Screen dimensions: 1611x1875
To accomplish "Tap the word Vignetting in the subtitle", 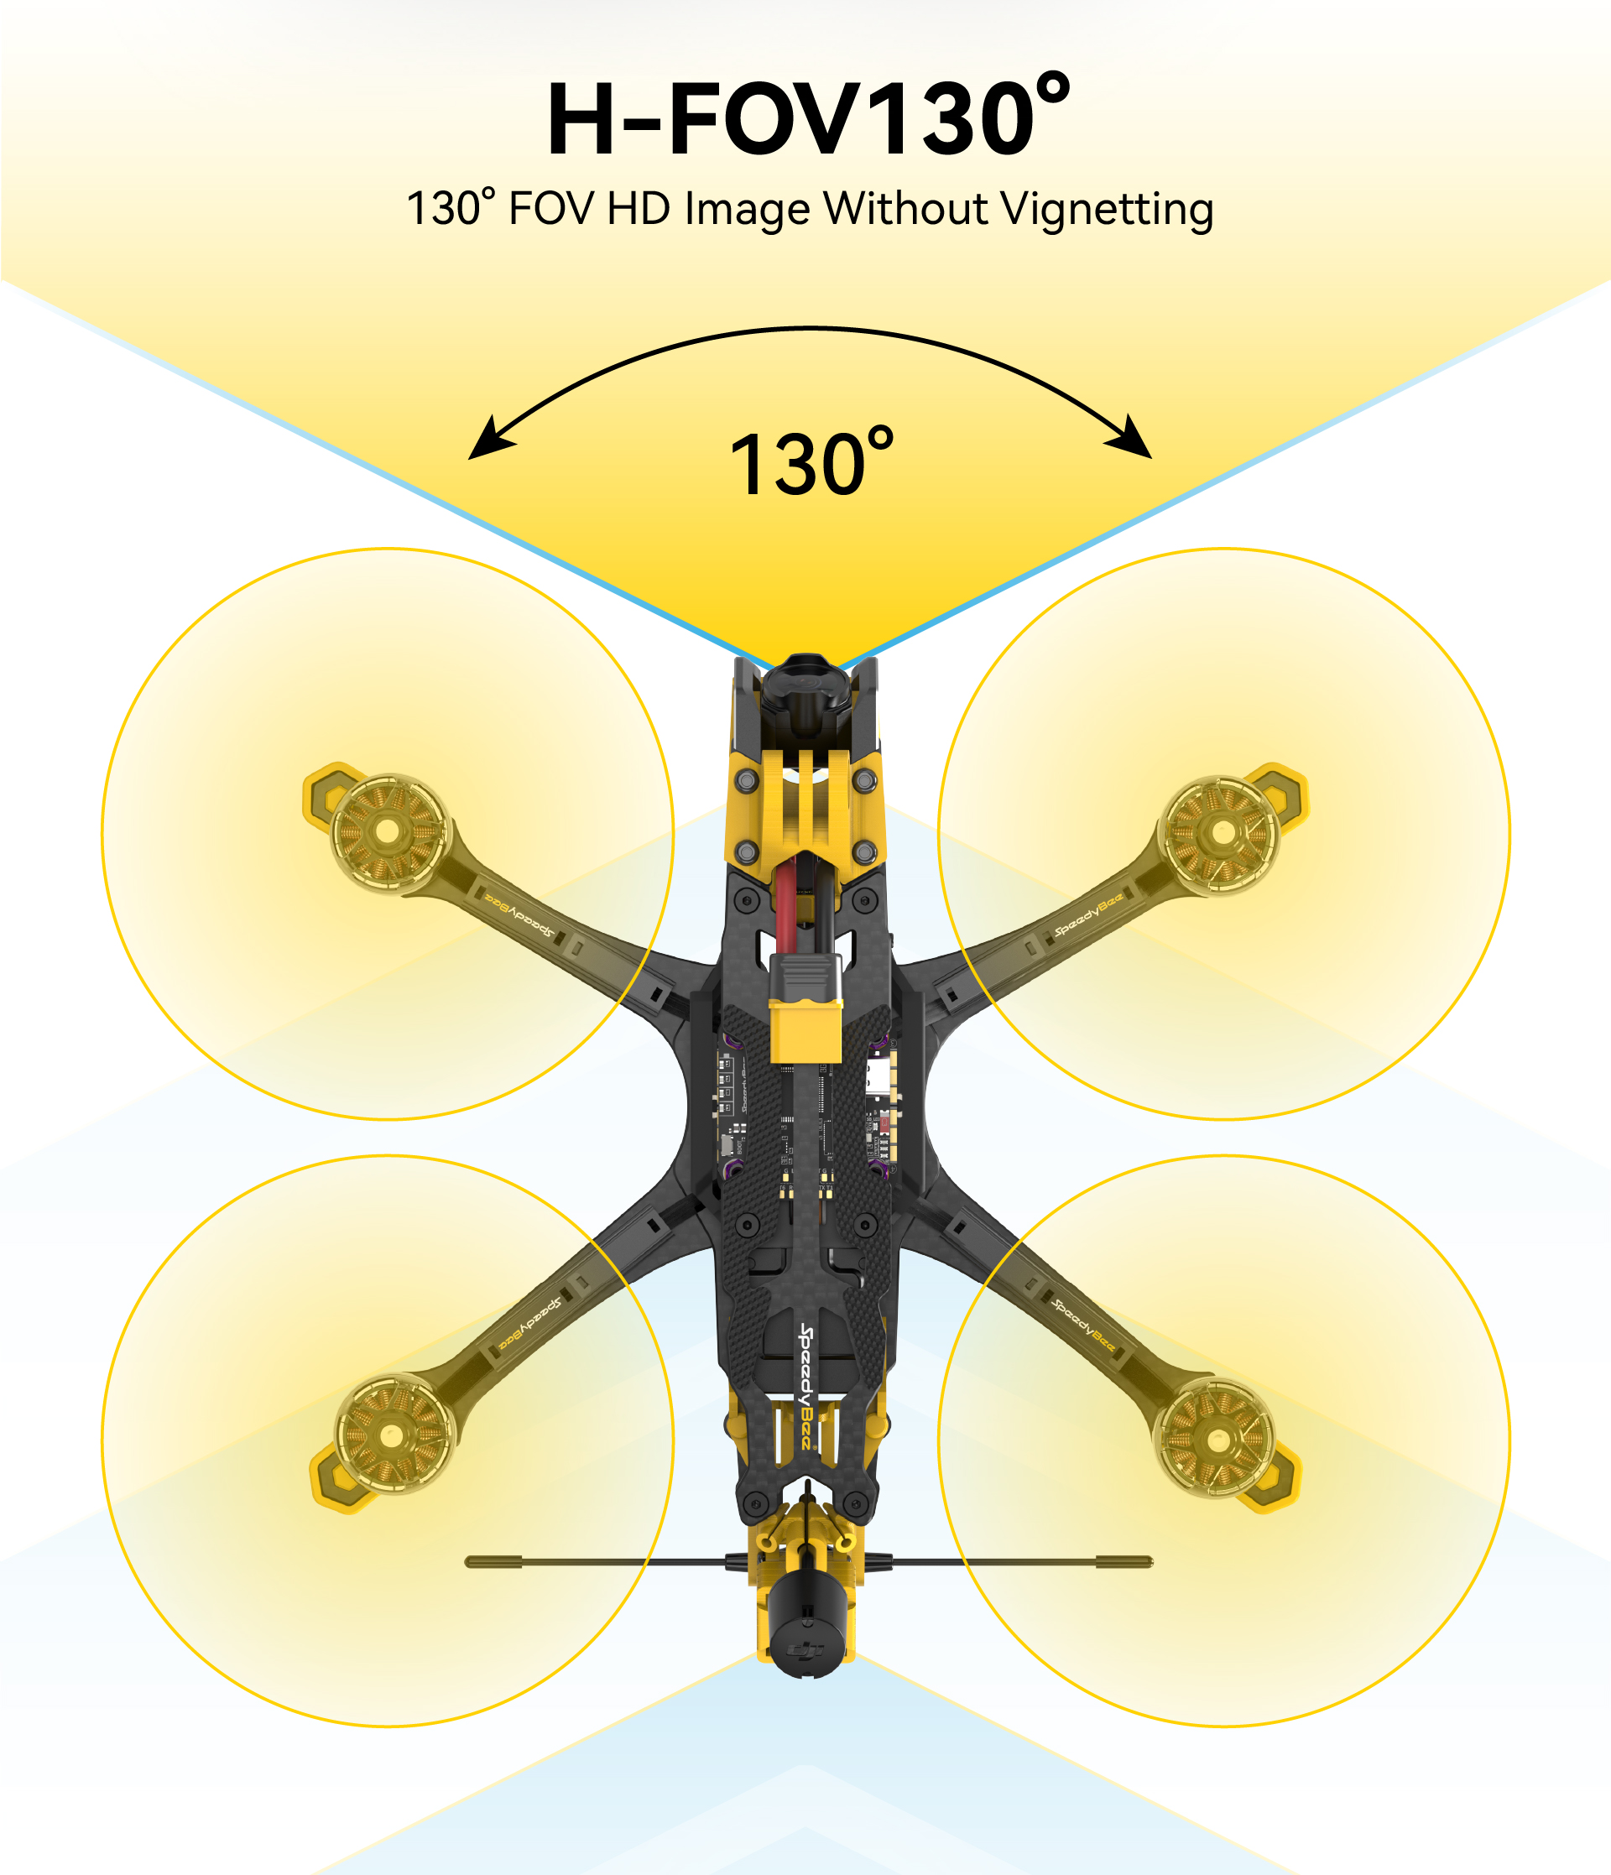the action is [x=1107, y=210].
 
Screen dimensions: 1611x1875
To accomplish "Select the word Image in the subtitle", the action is [x=748, y=210].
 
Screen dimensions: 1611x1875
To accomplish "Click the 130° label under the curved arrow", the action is [x=811, y=463].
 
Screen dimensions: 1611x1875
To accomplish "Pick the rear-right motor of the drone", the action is [x=1217, y=1439].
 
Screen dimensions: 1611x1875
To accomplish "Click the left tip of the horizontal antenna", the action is [x=467, y=1562].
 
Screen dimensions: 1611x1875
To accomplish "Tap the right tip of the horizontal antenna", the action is [x=1151, y=1562].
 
